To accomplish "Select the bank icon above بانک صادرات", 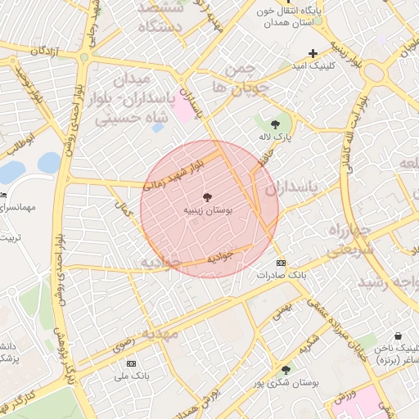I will (x=282, y=263).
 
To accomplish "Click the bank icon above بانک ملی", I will (x=130, y=363).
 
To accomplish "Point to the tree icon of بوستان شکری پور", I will (x=285, y=369).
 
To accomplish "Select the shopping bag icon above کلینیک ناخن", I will (x=398, y=336).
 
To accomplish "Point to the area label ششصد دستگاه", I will (x=166, y=16).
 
